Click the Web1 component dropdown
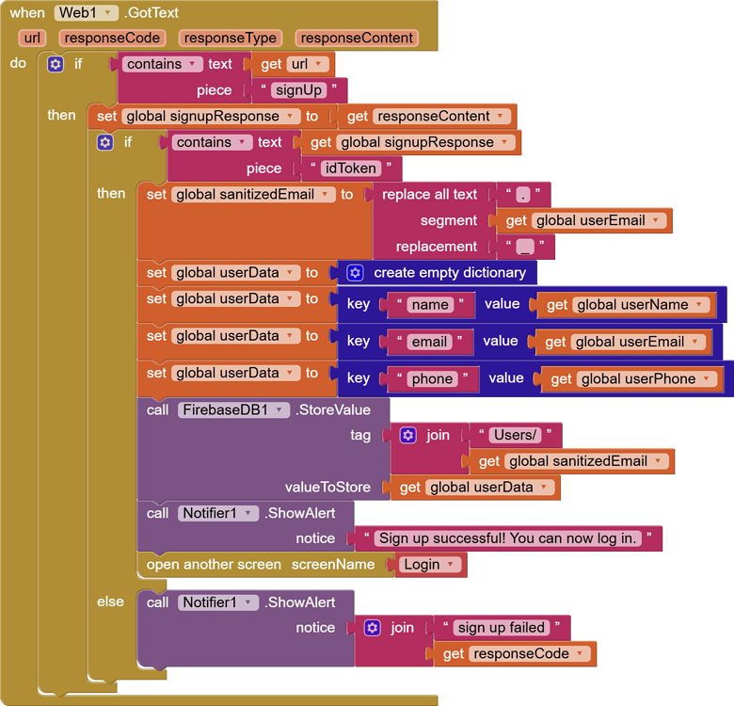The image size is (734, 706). [x=86, y=13]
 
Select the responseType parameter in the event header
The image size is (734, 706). [x=231, y=38]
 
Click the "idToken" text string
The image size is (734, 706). [x=351, y=168]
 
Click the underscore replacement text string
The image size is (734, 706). [x=525, y=247]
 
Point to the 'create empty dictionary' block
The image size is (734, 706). [x=449, y=272]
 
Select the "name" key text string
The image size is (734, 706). [x=430, y=305]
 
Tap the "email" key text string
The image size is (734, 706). [x=428, y=342]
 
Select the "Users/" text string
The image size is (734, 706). [x=515, y=435]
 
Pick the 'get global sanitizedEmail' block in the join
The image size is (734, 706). [x=577, y=461]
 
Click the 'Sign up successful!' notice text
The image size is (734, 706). [x=508, y=538]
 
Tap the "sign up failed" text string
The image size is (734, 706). [x=501, y=627]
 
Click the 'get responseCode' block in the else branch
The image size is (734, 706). [x=515, y=653]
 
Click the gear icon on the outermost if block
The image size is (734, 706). [x=56, y=64]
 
